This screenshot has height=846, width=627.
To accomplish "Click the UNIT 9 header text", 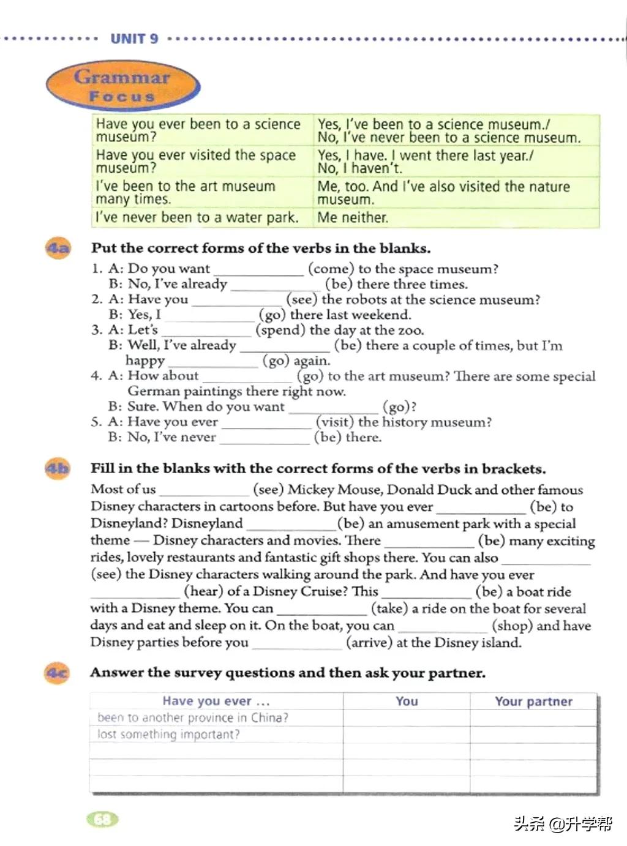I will (134, 39).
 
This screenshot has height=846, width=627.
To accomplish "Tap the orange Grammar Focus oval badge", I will (122, 86).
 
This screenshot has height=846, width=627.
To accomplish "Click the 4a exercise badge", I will (58, 249).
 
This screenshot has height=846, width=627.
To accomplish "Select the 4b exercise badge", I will (58, 469).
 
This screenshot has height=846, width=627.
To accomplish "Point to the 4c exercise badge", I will (58, 673).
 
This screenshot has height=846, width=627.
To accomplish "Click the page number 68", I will (102, 819).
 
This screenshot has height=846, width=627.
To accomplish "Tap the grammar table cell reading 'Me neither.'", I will (353, 217).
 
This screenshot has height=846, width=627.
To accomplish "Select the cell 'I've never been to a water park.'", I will (197, 217).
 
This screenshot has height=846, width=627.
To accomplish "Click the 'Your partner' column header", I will (533, 702).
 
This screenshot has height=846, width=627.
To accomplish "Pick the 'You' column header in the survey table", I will (407, 702).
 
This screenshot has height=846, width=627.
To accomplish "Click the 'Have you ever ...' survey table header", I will (216, 702).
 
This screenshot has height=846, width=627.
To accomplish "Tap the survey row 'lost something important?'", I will (169, 735).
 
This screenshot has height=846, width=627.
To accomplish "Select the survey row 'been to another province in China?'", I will (193, 717).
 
